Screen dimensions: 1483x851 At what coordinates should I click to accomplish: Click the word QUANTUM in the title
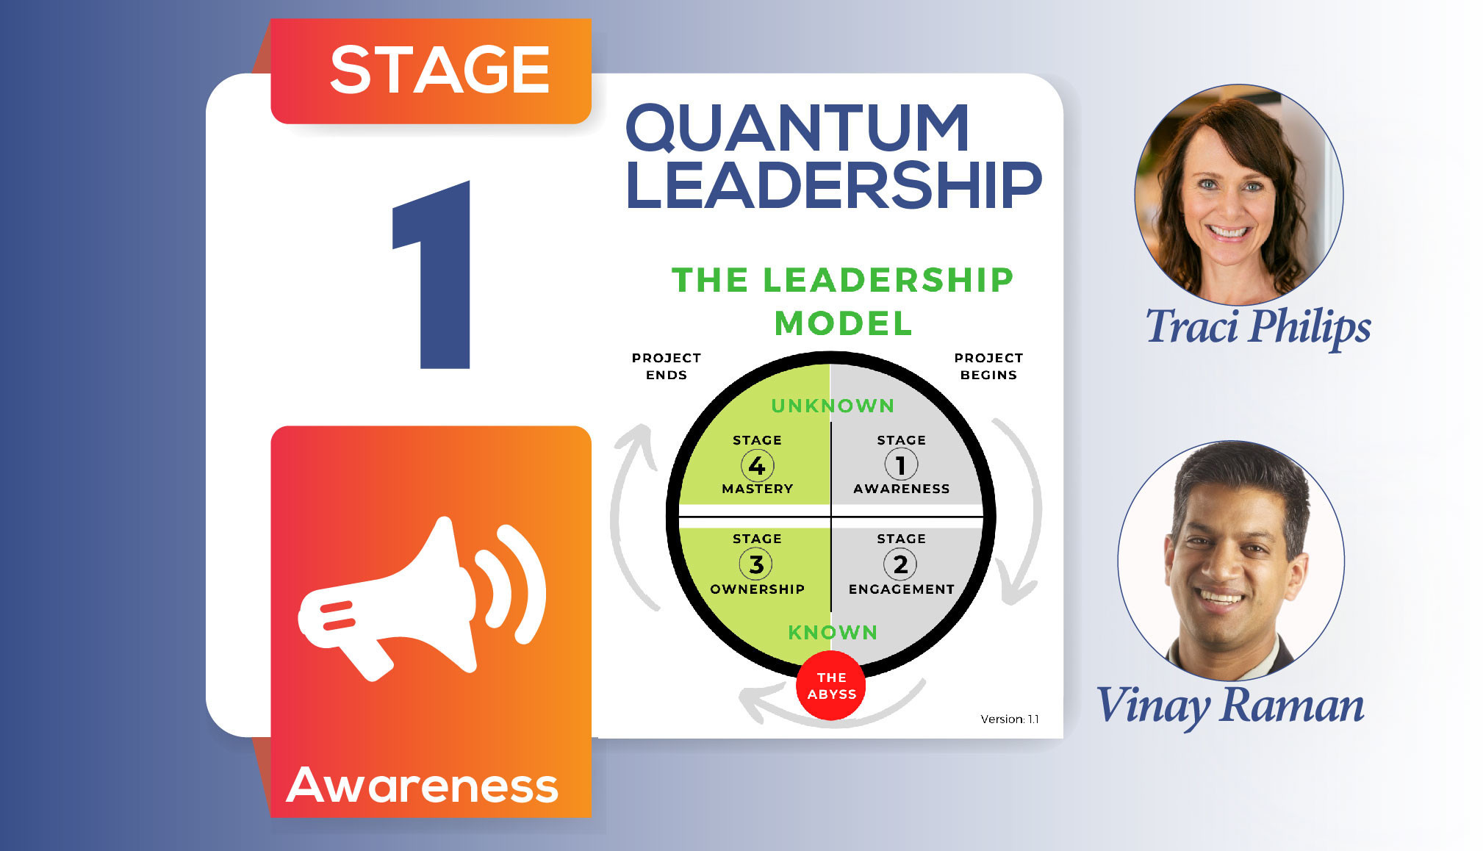(797, 129)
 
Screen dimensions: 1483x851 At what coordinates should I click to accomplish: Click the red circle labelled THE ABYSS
(831, 685)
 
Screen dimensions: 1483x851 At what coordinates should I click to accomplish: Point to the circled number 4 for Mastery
(757, 465)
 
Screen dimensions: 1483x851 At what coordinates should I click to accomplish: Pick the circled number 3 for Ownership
(756, 564)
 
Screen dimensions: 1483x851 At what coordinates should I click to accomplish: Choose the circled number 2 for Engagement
(900, 564)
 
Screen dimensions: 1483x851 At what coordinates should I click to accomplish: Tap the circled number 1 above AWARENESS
(900, 464)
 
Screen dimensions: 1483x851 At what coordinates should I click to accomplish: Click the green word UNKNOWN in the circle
(833, 406)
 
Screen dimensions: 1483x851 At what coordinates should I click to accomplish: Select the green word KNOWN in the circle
(833, 632)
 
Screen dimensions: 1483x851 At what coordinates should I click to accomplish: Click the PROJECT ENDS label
(667, 366)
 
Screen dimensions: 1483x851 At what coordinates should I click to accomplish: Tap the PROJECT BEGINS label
(988, 366)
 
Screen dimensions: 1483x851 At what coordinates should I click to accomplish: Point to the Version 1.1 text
(1010, 719)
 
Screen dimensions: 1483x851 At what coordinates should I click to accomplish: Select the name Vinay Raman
(1230, 706)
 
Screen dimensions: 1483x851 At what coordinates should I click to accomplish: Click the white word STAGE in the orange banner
(439, 70)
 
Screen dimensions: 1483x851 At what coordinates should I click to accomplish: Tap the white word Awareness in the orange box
(423, 785)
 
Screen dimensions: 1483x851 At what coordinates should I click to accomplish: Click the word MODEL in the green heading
(843, 323)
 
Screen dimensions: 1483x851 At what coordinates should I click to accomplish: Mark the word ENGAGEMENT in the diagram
(902, 589)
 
